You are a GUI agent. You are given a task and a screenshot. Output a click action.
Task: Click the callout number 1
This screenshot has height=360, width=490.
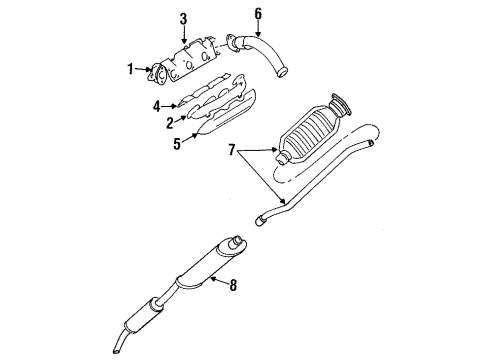point(129,69)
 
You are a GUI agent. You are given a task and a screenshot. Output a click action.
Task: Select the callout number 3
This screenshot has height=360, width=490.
point(183,19)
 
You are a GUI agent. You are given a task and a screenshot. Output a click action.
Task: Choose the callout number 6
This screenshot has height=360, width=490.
point(258,14)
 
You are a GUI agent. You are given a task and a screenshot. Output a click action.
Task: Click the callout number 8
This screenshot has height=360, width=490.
point(233,286)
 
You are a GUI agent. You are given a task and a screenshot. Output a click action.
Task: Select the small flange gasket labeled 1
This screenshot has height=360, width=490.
point(158,74)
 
